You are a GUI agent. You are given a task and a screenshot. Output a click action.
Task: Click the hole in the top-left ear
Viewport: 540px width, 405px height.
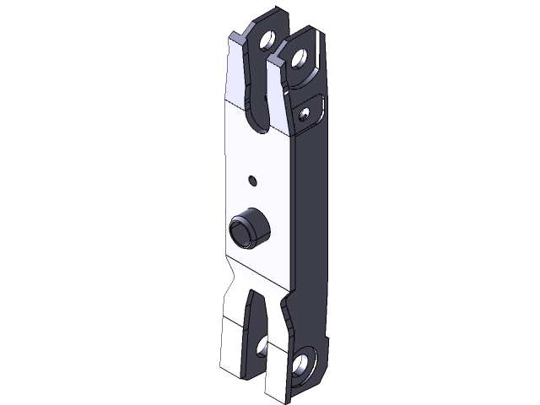pos(268,40)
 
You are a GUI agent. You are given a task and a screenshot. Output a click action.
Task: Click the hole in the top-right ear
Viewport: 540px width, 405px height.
pos(298,58)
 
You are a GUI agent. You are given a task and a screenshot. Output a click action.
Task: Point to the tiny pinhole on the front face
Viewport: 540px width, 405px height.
pos(253,179)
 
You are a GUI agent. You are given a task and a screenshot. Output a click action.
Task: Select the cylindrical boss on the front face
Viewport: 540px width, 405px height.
pos(250,227)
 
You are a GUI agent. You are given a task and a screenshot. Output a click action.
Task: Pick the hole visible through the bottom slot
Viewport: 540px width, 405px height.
pos(262,345)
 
